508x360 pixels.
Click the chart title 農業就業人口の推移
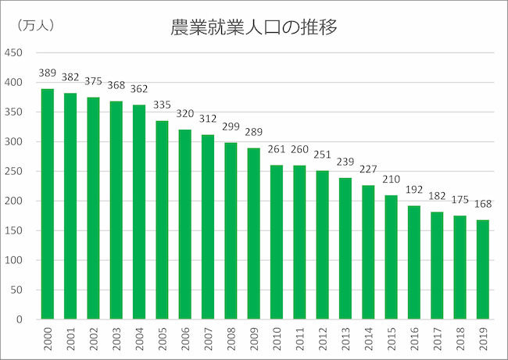(254, 29)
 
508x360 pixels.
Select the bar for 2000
(48, 205)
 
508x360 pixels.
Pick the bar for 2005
(162, 220)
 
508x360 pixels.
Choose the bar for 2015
(391, 258)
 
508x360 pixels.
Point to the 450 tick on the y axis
(14, 53)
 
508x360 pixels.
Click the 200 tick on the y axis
(14, 201)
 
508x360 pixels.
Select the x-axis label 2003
(116, 338)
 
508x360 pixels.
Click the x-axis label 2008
(231, 338)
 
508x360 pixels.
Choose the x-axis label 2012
(322, 338)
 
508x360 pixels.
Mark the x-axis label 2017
(436, 338)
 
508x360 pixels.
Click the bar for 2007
(208, 227)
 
